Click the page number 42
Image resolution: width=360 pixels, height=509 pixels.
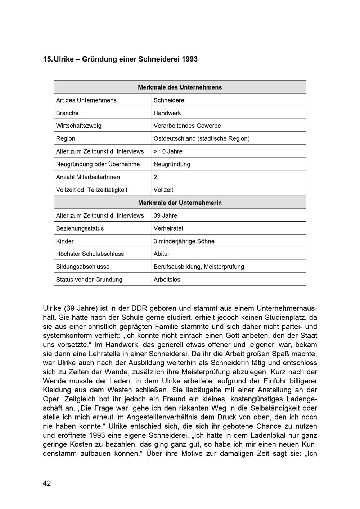(47, 483)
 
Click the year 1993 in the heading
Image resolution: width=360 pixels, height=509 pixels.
(189, 59)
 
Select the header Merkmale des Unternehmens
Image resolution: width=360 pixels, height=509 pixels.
(180, 87)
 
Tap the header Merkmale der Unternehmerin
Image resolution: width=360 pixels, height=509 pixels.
(180, 203)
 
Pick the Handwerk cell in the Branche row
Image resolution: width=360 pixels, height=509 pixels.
(167, 113)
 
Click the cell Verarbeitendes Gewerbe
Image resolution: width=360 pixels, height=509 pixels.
(187, 126)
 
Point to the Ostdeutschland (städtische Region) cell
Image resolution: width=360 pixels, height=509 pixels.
(201, 138)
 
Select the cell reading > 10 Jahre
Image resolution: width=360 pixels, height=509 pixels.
(168, 151)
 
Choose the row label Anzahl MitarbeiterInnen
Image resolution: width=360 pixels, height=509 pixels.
(88, 177)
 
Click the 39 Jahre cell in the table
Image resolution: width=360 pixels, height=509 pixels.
(165, 216)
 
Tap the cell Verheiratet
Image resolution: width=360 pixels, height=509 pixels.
(168, 228)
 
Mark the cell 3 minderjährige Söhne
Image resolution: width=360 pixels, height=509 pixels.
(184, 241)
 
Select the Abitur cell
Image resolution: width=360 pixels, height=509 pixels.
(161, 254)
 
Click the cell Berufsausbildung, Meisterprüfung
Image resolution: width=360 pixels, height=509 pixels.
(199, 267)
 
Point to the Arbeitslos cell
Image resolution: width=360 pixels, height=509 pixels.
(167, 280)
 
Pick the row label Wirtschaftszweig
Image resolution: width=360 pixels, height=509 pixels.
(78, 126)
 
